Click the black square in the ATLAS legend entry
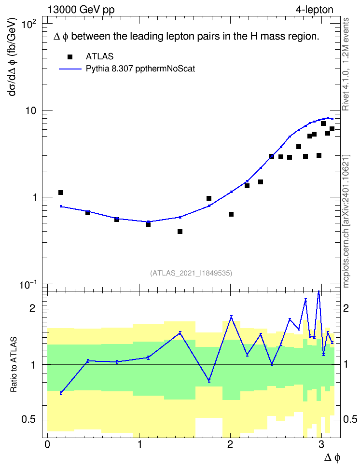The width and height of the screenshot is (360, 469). point(70,57)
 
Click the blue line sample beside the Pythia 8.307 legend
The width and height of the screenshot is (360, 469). point(70,69)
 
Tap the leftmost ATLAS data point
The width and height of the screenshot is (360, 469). point(61,193)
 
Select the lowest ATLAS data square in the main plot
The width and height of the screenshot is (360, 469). point(180,232)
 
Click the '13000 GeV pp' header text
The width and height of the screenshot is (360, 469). point(81,10)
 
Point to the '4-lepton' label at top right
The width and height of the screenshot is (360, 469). point(314,10)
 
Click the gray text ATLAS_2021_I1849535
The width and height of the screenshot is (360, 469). point(191,273)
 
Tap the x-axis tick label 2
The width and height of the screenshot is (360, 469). point(230,444)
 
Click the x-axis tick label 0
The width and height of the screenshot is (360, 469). point(47,444)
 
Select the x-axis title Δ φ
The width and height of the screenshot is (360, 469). point(332,457)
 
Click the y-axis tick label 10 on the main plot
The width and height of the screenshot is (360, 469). point(30,110)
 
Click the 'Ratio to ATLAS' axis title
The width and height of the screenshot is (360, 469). point(14,365)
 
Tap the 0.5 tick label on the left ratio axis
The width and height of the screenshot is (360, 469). point(29,420)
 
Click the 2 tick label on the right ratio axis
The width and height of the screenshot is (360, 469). point(346,308)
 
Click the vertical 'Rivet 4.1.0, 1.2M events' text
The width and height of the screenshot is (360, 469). point(346,64)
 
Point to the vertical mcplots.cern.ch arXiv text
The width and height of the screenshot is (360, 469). point(346,221)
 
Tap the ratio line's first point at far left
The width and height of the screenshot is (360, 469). point(61,393)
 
